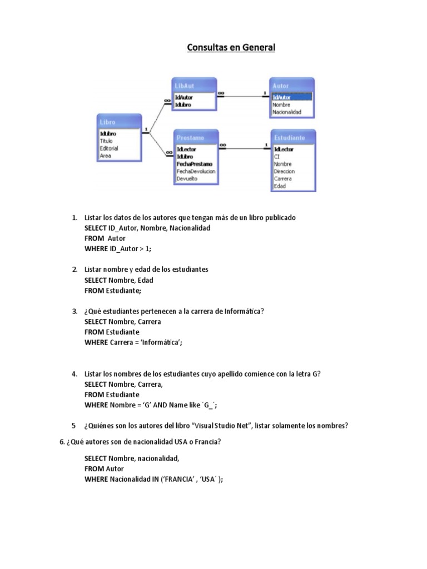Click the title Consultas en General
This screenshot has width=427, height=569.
(x=231, y=48)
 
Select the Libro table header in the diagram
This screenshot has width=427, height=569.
(x=108, y=122)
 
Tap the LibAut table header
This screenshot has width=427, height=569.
(x=185, y=86)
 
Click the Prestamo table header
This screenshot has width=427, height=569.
(x=190, y=137)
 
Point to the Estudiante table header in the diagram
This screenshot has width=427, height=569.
(x=289, y=137)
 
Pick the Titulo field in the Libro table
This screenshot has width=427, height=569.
(x=106, y=141)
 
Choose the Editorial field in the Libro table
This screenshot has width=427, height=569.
(x=109, y=148)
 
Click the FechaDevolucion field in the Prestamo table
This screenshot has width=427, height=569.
(x=196, y=172)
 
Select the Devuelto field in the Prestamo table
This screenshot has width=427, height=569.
(x=187, y=179)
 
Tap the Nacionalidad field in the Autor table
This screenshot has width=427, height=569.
(x=287, y=112)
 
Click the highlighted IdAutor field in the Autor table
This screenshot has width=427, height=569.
(x=282, y=97)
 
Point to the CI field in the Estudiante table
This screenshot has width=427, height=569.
(x=276, y=157)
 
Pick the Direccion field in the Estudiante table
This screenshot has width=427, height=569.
(x=285, y=172)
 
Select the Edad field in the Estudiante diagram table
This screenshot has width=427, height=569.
(x=280, y=186)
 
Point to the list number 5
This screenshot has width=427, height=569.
(x=73, y=426)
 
